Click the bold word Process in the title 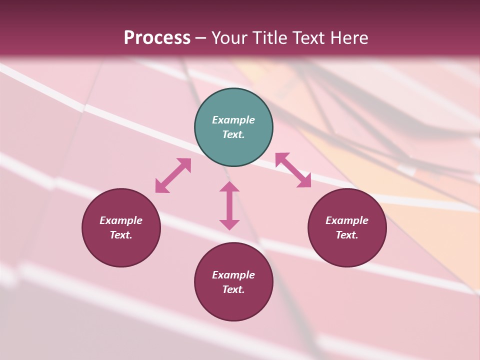pos(157,38)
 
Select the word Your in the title pos(229,38)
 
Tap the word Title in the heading pos(269,38)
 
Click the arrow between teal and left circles pos(173,175)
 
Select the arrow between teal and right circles pos(293,170)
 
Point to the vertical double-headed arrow pos(229,205)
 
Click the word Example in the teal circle pos(233,120)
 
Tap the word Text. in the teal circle pos(233,134)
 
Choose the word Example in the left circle pos(121,220)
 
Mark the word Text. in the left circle pos(121,235)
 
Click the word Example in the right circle pos(347,220)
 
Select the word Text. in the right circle pos(347,235)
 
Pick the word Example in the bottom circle pos(233,275)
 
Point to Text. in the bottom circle pos(233,289)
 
